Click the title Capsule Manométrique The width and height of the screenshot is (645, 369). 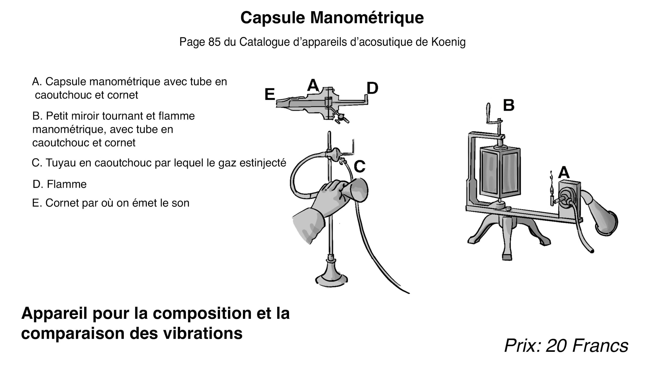pos(332,18)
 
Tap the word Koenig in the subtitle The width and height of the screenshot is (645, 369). pos(448,42)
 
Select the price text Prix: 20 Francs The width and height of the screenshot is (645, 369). pos(566,346)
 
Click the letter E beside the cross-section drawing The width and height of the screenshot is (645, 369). pos(270,94)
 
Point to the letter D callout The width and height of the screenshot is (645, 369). pos(372,88)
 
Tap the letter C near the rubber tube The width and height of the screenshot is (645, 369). pos(359,167)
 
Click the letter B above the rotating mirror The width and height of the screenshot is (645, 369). pos(508,105)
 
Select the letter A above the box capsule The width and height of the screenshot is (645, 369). pos(564,173)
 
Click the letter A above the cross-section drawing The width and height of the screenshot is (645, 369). pos(313,85)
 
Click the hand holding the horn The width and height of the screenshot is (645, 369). pos(329,198)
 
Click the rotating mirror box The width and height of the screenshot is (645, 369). pos(500,172)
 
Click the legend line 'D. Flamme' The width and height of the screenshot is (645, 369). pos(59,184)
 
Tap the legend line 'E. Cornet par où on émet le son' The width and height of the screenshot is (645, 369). pos(111,203)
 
